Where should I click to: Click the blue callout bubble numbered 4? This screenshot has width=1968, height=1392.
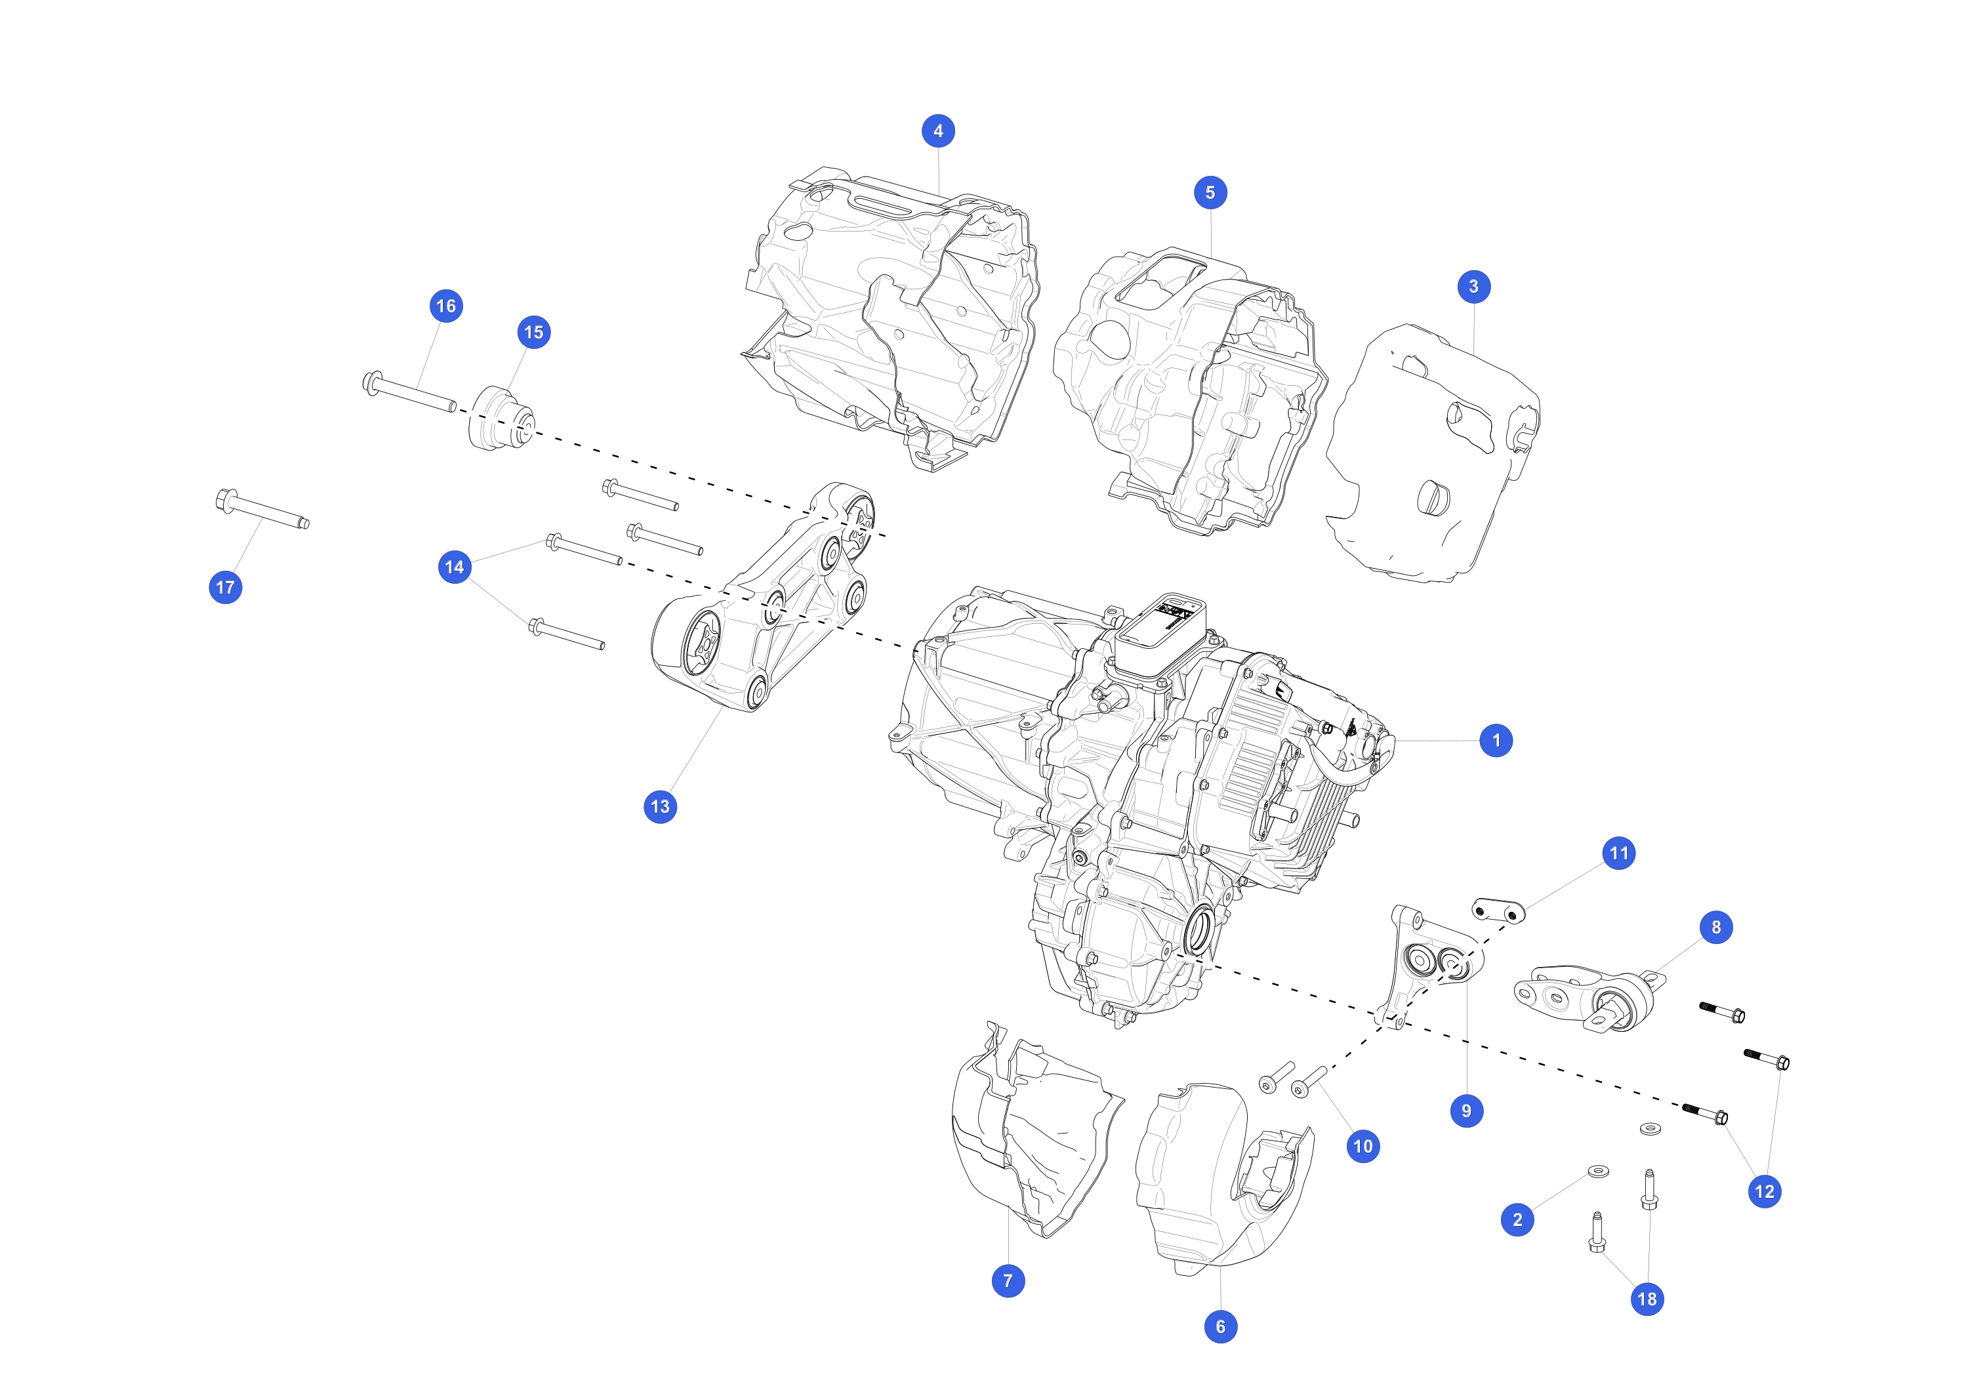pyautogui.click(x=937, y=131)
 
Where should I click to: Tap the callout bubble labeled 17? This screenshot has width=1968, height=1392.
pyautogui.click(x=226, y=587)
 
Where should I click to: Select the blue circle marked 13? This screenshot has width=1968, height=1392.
pyautogui.click(x=660, y=807)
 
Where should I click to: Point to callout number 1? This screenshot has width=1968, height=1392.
pyautogui.click(x=1496, y=741)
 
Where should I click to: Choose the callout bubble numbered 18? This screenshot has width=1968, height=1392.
pyautogui.click(x=1647, y=1299)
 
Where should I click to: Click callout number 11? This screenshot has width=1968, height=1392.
pyautogui.click(x=1618, y=853)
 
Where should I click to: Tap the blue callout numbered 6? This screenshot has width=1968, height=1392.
pyautogui.click(x=1221, y=1327)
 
